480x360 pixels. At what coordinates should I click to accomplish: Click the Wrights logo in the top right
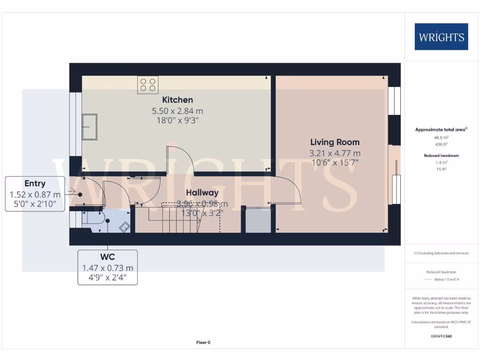coord(441,37)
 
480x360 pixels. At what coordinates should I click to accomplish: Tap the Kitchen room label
coord(177,100)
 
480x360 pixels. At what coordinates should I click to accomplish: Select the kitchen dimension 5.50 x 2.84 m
coord(177,111)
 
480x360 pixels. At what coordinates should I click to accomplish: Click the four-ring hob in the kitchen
coord(148,85)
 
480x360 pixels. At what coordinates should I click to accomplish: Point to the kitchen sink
coord(90,127)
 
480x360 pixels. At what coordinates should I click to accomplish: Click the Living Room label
coord(335,142)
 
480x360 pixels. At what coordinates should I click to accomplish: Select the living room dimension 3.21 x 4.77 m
coord(335,153)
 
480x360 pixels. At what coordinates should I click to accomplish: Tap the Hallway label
coord(202,193)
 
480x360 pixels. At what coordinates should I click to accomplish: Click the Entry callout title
coord(35,184)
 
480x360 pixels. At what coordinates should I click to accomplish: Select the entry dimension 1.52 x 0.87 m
coord(35,194)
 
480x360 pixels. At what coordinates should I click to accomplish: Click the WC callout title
coord(107,257)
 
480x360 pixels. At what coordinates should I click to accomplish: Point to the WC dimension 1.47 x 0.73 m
coord(107,268)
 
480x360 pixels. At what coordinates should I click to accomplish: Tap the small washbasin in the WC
coord(125,226)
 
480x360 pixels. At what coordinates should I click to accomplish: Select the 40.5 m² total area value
coord(441,138)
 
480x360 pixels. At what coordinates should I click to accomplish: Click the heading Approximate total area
coord(441,129)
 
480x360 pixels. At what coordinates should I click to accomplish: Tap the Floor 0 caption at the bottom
coord(203,343)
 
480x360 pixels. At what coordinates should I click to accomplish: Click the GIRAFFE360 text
coord(441,336)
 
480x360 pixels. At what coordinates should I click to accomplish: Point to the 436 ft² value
coord(441,145)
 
